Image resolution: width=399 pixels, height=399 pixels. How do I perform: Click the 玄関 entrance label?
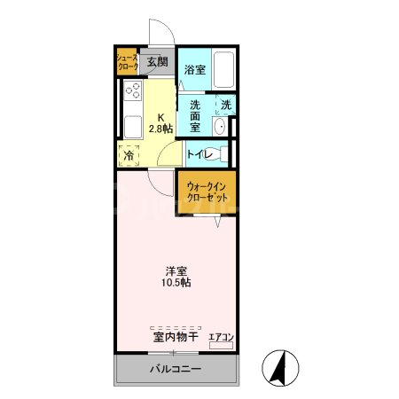[x=157, y=62]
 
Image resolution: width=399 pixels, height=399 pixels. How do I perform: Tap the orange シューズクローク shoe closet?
[x=128, y=62]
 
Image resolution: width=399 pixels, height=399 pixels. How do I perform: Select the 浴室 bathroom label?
[x=195, y=69]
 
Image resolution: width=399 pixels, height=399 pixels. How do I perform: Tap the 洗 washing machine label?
[x=226, y=106]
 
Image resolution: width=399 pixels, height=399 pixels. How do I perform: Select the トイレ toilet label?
[x=199, y=155]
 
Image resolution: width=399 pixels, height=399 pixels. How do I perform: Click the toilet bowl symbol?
[x=222, y=154]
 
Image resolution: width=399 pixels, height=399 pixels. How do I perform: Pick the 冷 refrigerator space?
[x=129, y=155]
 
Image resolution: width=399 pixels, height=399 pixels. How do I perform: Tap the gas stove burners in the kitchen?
[x=134, y=90]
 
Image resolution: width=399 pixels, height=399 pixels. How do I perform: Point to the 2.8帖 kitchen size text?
[x=161, y=129]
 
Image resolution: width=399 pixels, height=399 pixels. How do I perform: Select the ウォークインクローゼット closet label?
[x=207, y=191]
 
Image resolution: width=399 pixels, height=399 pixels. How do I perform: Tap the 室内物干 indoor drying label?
[x=175, y=337]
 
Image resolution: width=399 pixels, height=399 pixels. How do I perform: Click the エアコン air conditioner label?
[x=221, y=336]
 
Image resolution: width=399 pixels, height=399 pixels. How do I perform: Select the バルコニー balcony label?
[x=175, y=369]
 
